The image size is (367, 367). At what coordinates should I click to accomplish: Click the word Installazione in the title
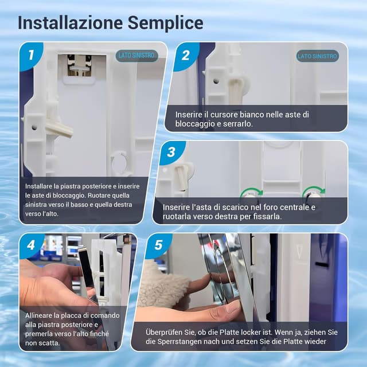pos(70,23)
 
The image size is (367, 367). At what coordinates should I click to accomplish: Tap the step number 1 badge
pos(31,55)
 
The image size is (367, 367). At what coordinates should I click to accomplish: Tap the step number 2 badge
pos(185,56)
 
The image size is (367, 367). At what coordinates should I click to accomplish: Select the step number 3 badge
pos(171,152)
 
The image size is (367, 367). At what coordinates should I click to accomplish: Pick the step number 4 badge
pos(31,245)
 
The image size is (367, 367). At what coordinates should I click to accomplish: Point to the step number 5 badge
pos(158,245)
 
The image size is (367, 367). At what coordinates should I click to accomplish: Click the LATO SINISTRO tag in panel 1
pos(136,56)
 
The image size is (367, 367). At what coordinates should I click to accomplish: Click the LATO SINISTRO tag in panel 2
pos(317,56)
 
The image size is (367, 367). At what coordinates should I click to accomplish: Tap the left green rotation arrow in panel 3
pos(252,191)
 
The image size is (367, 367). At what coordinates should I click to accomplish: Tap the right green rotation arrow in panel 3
pos(314,190)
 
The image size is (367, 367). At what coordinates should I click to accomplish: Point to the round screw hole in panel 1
pos(34,127)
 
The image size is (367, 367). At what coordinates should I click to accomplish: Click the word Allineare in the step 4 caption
pos(38,315)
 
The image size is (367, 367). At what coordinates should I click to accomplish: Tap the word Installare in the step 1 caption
pos(38,186)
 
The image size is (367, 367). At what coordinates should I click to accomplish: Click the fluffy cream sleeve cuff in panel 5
pos(164,284)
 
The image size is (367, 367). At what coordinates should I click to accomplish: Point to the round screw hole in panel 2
pos(216,81)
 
